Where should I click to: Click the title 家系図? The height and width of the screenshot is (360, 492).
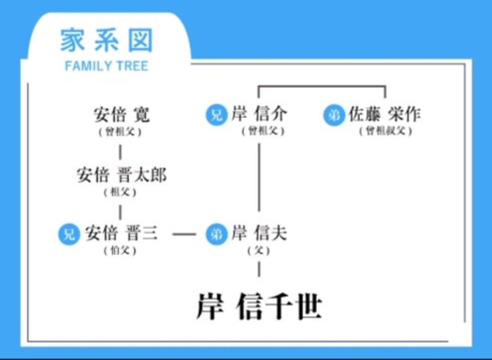(x=106, y=41)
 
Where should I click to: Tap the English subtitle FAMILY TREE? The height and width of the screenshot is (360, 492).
(x=106, y=66)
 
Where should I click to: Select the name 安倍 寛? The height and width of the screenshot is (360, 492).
(x=121, y=115)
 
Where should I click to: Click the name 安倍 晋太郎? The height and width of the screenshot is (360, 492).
(x=121, y=175)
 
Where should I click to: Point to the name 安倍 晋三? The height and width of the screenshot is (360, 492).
(x=121, y=234)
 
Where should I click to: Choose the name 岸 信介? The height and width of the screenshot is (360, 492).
(x=259, y=114)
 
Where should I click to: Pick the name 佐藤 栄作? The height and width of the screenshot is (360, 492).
(x=384, y=114)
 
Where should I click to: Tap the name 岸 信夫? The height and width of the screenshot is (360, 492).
(x=259, y=234)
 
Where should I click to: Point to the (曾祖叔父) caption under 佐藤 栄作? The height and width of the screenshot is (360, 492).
(x=385, y=131)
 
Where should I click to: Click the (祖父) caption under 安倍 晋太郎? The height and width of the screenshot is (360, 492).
(x=120, y=192)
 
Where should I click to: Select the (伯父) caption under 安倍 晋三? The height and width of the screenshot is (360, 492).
(x=120, y=250)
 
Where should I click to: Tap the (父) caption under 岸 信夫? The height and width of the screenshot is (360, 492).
(x=259, y=250)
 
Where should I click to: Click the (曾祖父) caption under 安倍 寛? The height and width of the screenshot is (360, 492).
(x=120, y=132)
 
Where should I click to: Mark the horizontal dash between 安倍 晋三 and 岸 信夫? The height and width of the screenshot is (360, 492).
(x=184, y=235)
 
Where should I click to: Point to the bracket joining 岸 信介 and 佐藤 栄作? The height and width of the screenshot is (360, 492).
(x=322, y=86)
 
